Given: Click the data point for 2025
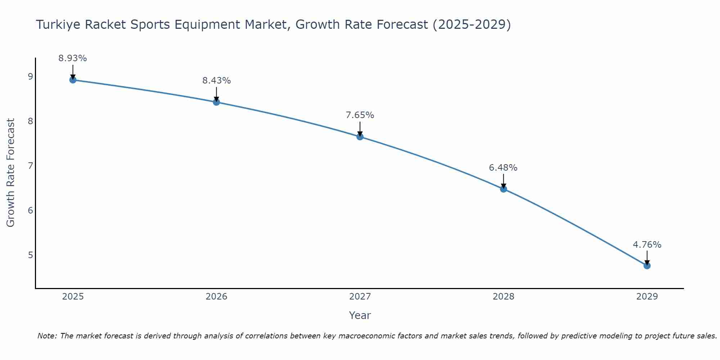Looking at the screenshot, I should tap(73, 80).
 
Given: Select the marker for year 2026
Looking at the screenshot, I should tap(216, 102).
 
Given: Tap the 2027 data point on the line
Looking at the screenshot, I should tap(360, 137).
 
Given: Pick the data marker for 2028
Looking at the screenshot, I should tap(504, 189).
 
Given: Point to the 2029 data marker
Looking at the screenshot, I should tap(647, 266).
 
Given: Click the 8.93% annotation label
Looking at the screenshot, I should tap(73, 58).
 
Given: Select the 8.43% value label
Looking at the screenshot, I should tap(216, 81).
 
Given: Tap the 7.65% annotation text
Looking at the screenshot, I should tap(360, 115).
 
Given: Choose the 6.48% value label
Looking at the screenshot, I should tap(503, 168).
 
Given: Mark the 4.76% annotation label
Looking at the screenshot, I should tap(647, 245).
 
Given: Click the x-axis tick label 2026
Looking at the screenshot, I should tap(216, 297).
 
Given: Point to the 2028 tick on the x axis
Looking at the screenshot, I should tap(504, 297).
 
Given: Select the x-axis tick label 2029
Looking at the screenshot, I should tap(647, 297).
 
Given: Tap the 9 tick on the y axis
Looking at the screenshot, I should tap(30, 76).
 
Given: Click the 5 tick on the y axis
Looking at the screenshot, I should tap(30, 255).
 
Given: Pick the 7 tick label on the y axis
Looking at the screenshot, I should tap(30, 166).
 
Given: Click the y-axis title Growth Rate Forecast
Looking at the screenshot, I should tap(11, 173).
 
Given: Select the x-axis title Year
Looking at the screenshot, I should tap(360, 315).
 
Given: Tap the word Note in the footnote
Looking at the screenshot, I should tap(47, 336).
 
